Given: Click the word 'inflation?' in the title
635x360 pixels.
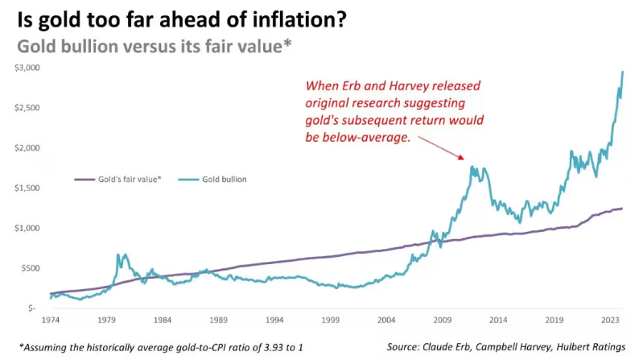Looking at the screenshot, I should [304, 18].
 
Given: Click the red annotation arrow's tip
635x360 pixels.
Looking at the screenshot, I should [464, 159].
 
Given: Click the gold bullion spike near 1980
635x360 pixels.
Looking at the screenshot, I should [119, 254].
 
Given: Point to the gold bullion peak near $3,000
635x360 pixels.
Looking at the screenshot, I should [623, 72].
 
